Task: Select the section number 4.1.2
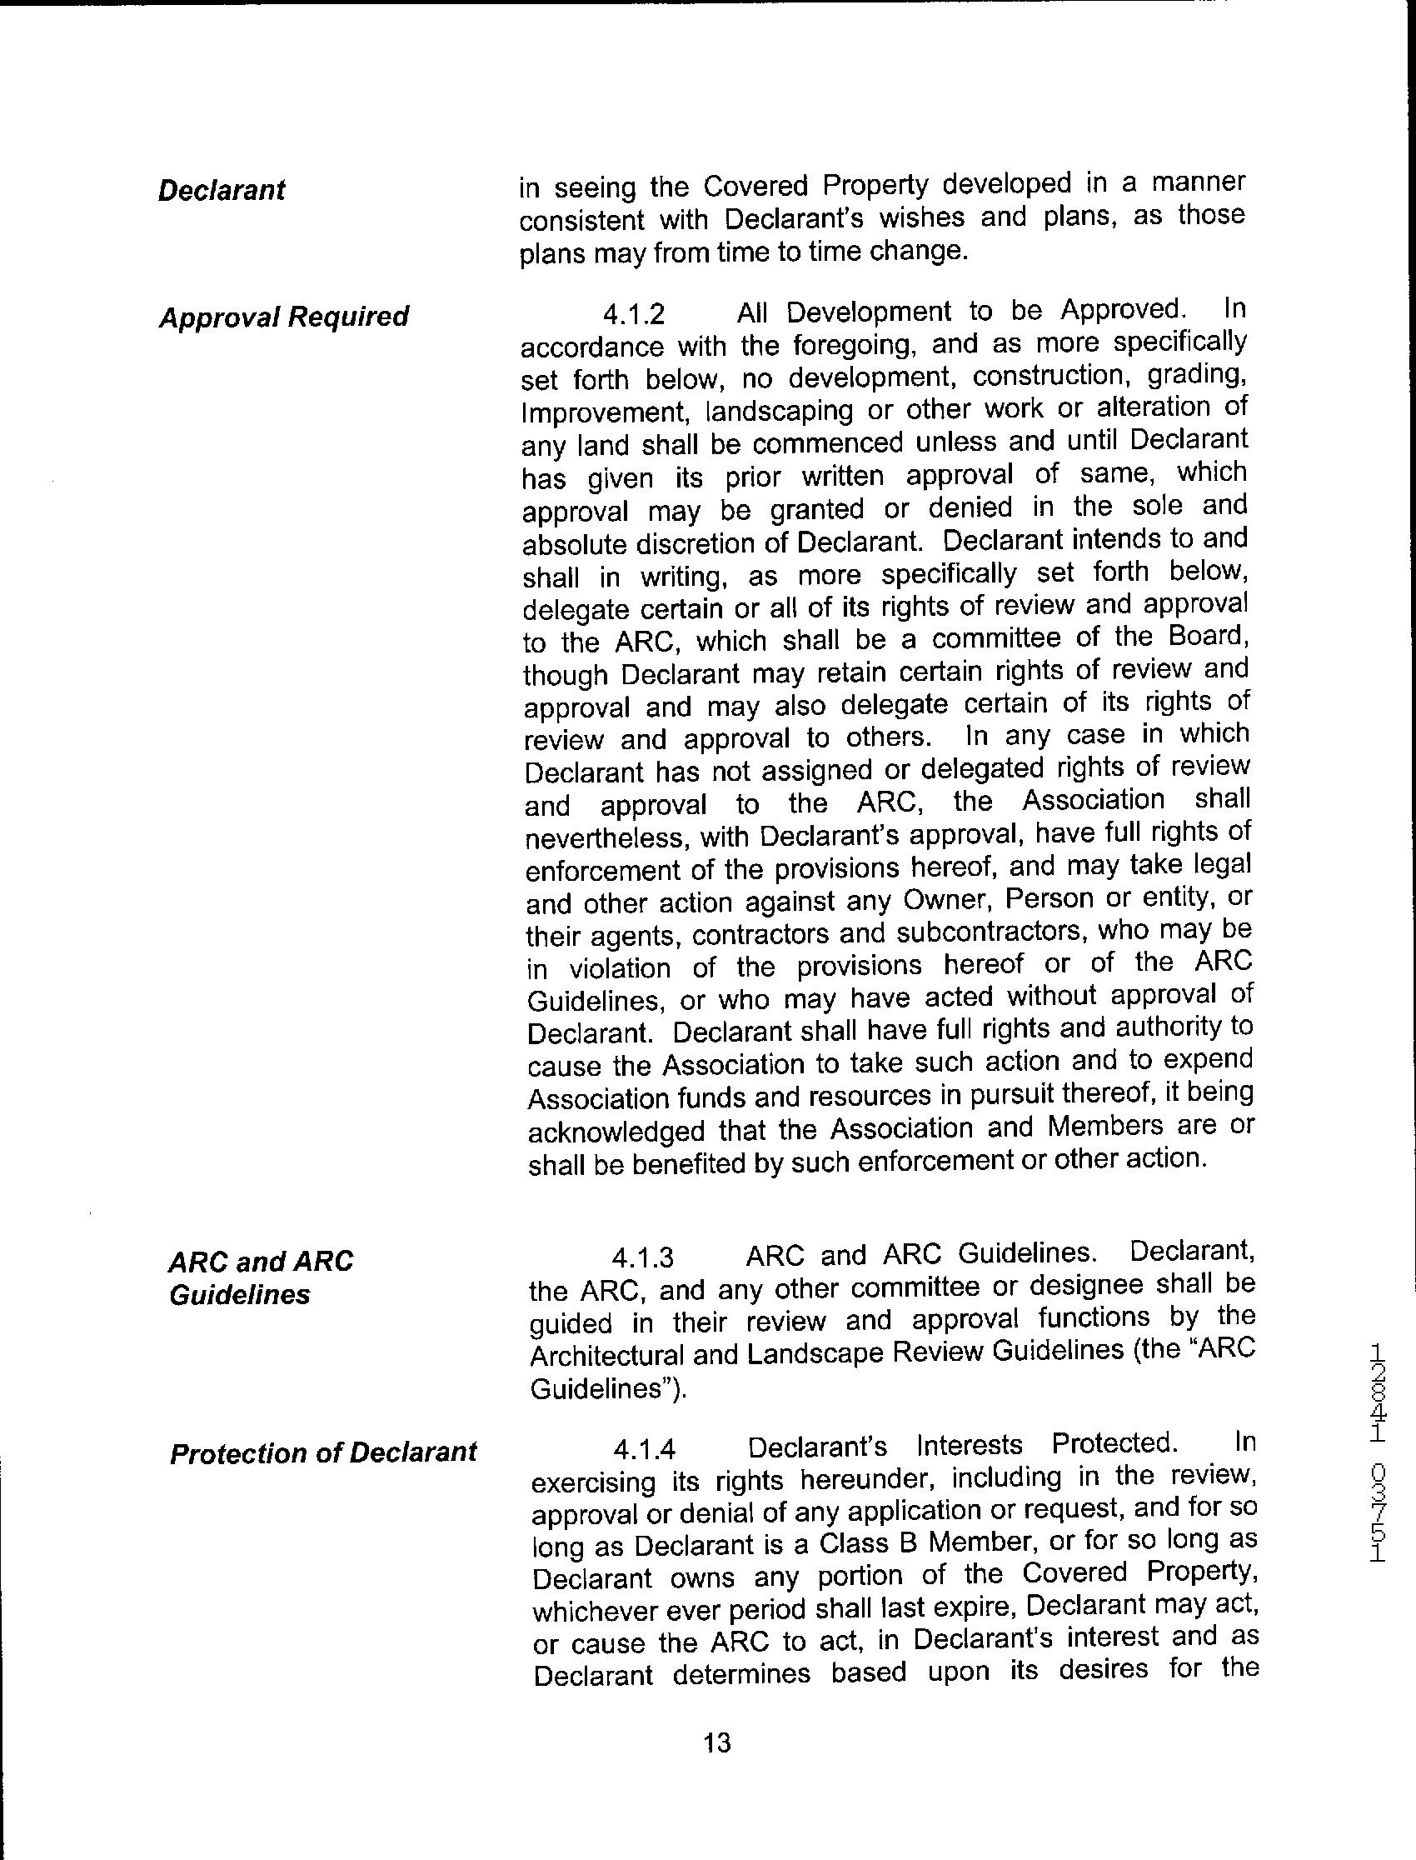click(x=633, y=314)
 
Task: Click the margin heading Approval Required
click(x=283, y=317)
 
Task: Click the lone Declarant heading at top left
click(x=222, y=191)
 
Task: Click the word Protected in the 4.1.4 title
click(x=1114, y=1443)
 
